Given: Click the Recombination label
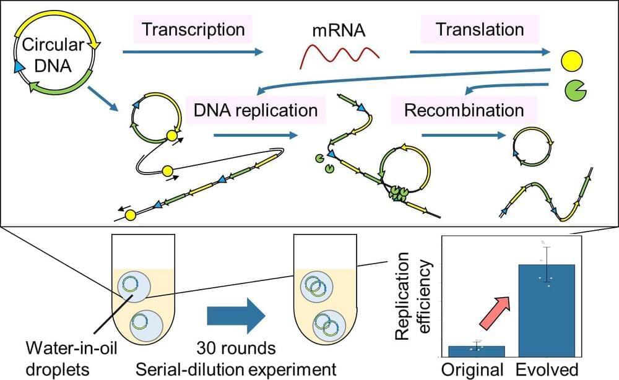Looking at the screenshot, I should coord(464,111).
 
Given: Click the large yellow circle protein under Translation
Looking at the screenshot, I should coord(571,61).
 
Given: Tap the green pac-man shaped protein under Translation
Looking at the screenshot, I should coord(574,91).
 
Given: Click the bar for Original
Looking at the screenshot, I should coord(477,351).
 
